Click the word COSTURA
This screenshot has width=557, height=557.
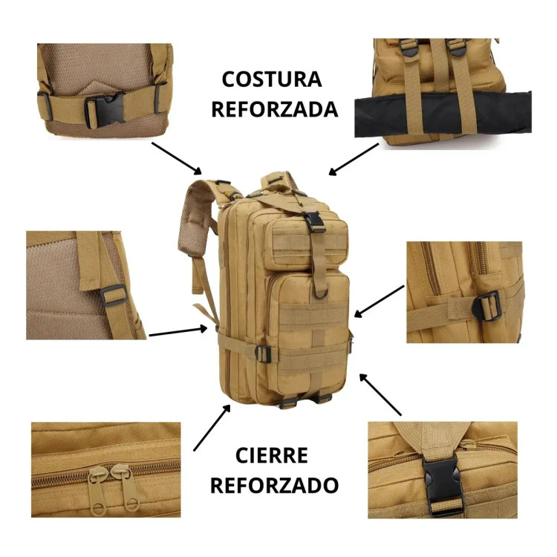coord(272,79)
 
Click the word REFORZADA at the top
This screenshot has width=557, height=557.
coord(275,109)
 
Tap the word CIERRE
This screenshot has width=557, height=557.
coord(271,455)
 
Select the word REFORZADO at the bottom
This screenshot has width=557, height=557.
coord(274,485)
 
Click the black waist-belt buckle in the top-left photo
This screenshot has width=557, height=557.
coord(105,108)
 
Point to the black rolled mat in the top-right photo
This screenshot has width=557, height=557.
coord(443,113)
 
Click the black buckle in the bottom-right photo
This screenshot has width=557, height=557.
coord(442,486)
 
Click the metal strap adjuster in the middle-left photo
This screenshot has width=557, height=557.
coord(114,295)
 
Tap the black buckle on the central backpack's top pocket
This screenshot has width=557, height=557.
coord(314,222)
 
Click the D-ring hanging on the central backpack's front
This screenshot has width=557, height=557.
coord(320,293)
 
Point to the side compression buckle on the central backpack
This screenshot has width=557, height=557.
coord(263,354)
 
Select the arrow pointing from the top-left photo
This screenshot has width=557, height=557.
coord(177,158)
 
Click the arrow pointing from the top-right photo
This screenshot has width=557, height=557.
coord(354,160)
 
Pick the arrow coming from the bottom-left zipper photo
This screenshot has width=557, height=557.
coord(212,429)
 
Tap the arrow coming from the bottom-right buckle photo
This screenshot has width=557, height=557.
coord(380,394)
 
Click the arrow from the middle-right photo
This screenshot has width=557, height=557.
coord(379,302)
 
